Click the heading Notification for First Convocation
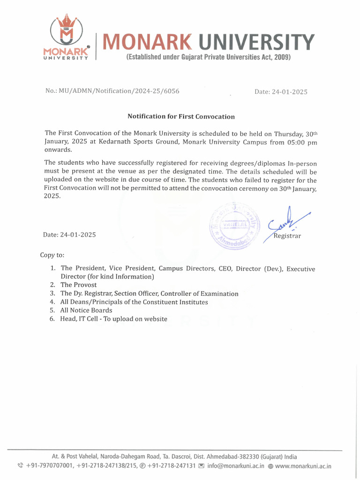pos(181,116)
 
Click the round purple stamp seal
pos(234,225)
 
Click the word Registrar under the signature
pos(287,236)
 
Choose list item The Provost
pos(79,285)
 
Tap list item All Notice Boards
pos(86,310)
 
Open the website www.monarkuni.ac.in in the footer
pos(303,466)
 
